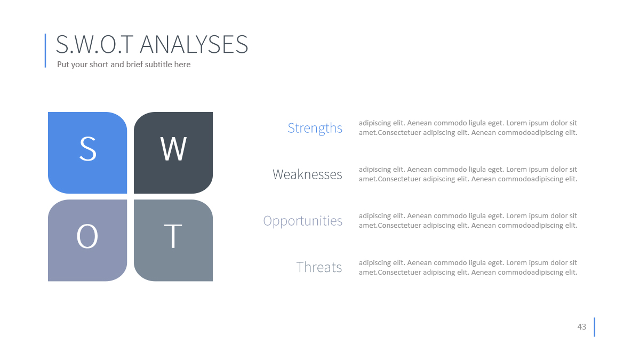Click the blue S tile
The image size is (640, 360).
click(x=87, y=153)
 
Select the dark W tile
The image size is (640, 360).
click(x=173, y=153)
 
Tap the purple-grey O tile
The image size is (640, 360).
click(x=87, y=241)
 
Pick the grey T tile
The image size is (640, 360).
click(x=173, y=241)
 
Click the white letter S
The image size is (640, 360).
click(x=87, y=149)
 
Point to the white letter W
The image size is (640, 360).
click(x=173, y=149)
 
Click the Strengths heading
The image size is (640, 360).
click(x=315, y=128)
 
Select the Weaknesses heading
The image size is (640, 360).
click(x=307, y=174)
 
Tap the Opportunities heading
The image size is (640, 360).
click(x=302, y=221)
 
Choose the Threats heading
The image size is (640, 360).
click(x=319, y=267)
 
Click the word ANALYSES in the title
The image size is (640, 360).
click(x=194, y=44)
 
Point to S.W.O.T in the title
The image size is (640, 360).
click(x=94, y=44)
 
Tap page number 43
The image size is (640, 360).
click(x=582, y=326)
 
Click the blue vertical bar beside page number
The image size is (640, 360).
click(x=595, y=327)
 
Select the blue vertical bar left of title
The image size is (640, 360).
click(x=45, y=51)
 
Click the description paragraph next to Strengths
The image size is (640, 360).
click(x=468, y=127)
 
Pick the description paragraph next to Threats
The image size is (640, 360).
click(x=468, y=267)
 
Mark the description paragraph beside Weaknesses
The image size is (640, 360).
click(x=468, y=174)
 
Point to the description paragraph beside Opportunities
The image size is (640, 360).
click(x=468, y=220)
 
